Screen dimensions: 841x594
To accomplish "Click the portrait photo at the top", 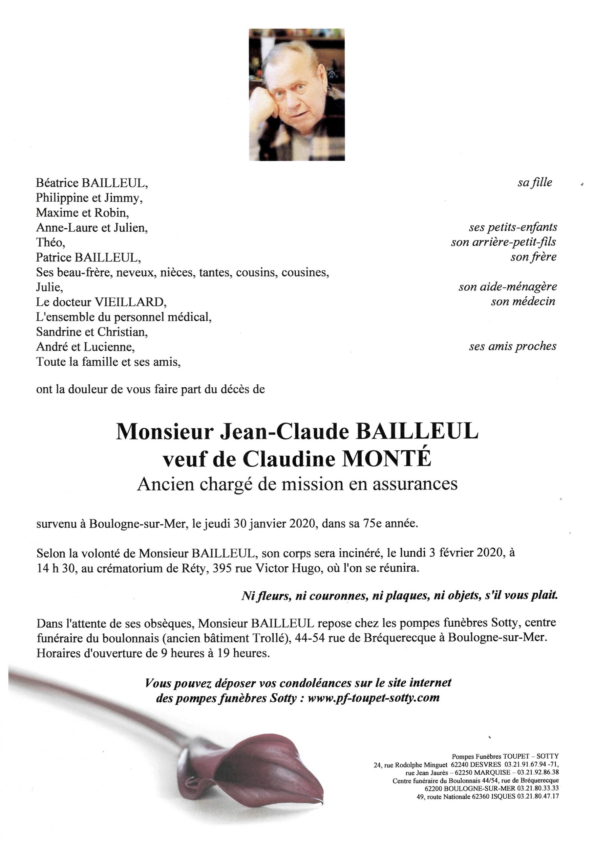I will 297,95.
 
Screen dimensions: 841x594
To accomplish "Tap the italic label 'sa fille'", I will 534,182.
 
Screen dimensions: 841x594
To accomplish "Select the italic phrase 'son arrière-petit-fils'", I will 504,242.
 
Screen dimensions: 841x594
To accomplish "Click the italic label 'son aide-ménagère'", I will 508,287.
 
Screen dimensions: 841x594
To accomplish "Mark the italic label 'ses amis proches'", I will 512,347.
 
